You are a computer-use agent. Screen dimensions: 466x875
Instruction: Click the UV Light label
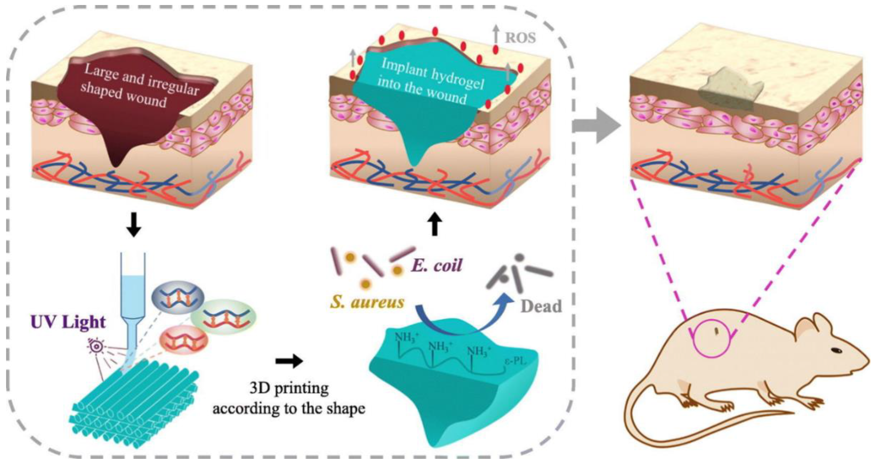click(68, 322)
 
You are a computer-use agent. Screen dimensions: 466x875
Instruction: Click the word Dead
click(541, 307)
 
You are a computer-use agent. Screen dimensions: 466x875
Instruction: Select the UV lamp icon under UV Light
click(96, 347)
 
